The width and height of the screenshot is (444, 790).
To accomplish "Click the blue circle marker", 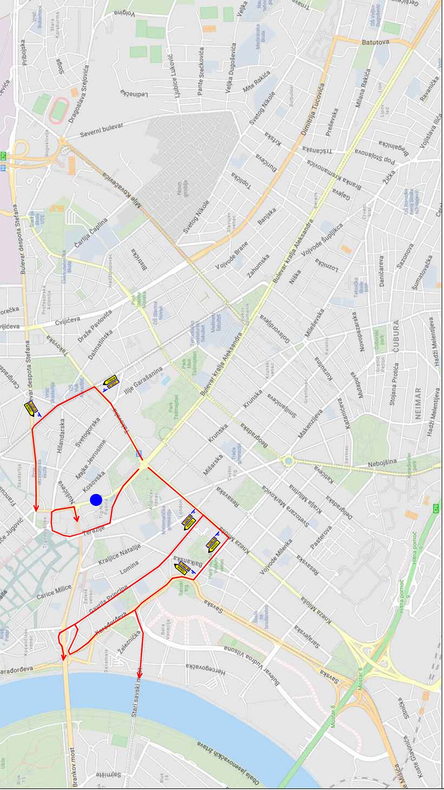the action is (x=96, y=500).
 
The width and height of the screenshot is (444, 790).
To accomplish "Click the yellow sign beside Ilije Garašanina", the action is (x=111, y=382).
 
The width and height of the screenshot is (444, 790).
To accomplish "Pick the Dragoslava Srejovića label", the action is (x=78, y=94).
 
